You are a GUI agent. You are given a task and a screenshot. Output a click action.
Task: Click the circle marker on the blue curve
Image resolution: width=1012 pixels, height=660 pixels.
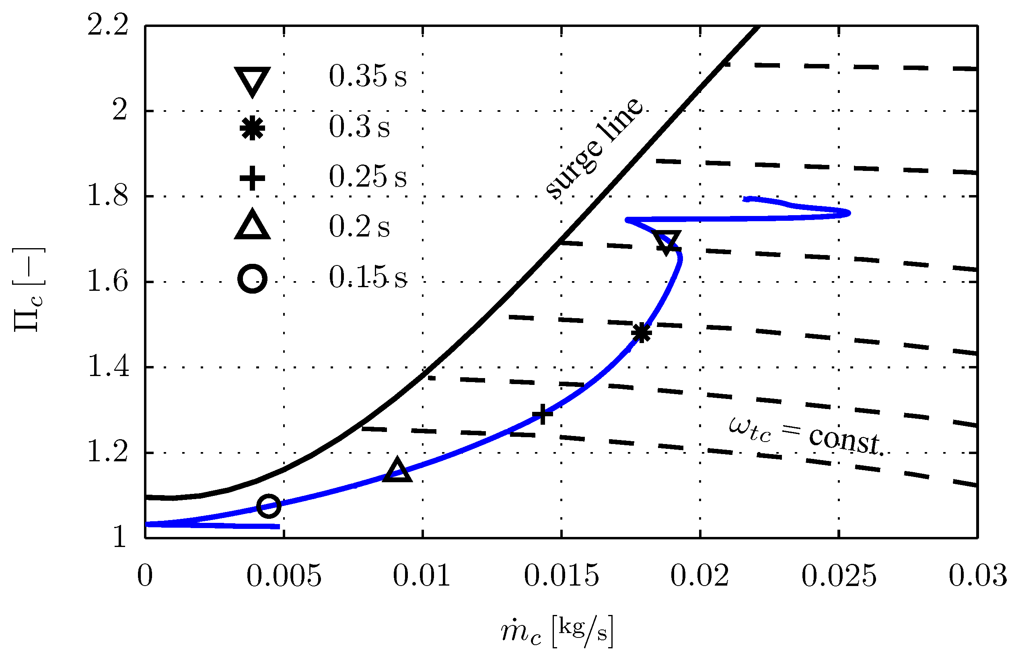269,506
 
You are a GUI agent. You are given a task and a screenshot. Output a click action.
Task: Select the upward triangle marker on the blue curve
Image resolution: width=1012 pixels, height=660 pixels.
397,471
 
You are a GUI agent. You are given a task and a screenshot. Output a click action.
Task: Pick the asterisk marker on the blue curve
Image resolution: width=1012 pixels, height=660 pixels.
642,333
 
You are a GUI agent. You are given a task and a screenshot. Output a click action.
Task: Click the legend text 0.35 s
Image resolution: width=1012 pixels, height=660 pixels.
367,76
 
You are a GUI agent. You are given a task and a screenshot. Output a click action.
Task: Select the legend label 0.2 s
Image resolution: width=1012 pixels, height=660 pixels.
359,227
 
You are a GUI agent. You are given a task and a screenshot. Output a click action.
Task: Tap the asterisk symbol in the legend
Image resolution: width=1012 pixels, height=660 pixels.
252,128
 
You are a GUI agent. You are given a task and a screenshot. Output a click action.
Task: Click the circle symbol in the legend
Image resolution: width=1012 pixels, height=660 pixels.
252,279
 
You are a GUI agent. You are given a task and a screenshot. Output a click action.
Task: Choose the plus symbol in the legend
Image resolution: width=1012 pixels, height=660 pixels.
252,178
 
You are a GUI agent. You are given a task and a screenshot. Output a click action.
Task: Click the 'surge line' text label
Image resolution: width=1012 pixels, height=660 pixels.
594,148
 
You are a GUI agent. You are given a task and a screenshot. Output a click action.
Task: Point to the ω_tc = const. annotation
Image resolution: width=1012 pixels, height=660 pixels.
806,436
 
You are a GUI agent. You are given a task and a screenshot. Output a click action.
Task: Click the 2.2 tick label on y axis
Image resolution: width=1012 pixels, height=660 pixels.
107,25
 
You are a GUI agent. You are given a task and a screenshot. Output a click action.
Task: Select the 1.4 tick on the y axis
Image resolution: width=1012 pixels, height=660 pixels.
107,367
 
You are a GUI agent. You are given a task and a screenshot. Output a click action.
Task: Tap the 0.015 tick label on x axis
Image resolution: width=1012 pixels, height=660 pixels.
561,576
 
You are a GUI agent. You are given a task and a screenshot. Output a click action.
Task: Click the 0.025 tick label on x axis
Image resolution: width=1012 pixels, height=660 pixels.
839,576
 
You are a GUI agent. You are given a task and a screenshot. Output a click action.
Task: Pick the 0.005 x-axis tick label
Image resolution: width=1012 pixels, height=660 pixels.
284,576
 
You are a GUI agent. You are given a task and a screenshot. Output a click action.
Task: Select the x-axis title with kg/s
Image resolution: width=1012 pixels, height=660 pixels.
557,632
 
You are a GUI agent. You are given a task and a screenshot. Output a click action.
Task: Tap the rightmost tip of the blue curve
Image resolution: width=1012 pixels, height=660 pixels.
849,213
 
